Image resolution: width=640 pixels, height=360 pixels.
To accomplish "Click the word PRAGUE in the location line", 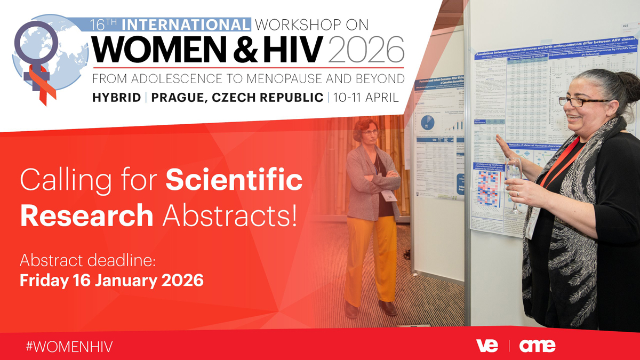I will click(x=181, y=98).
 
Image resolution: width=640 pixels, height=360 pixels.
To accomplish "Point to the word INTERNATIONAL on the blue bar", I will click(x=186, y=24).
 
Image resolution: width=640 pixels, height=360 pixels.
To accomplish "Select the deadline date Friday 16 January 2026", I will click(x=111, y=280).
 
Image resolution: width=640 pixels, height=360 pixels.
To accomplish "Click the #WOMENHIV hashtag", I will click(x=69, y=345).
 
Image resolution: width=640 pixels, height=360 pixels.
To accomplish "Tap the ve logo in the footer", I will click(x=487, y=346).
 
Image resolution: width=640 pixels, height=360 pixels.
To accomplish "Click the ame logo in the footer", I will click(x=537, y=346).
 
